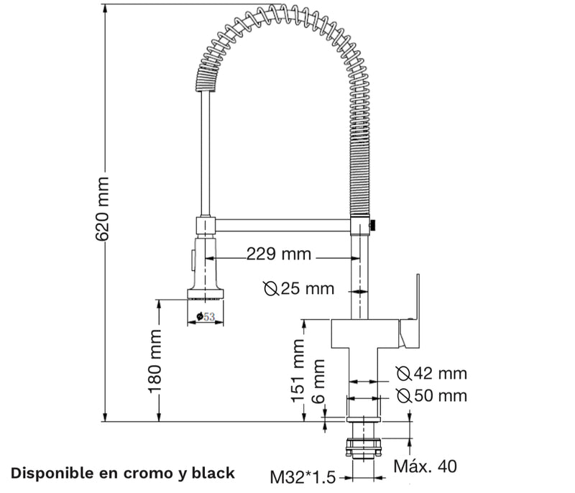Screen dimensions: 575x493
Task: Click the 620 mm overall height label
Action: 102,209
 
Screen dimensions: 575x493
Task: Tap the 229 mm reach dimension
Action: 279,254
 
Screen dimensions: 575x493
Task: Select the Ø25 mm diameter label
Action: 299,289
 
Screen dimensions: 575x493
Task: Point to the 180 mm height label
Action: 155,361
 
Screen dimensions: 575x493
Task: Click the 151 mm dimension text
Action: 298,371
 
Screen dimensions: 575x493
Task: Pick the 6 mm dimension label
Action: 318,381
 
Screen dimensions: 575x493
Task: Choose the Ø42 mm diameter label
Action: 432,374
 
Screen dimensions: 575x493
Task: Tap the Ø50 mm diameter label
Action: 432,396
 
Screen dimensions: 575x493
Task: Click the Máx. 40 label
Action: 425,466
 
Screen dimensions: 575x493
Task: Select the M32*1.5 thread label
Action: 303,477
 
